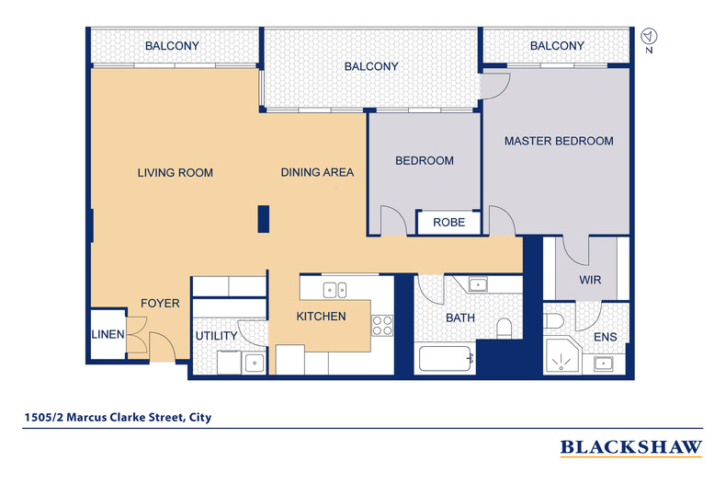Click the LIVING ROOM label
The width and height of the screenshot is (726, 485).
(176, 173)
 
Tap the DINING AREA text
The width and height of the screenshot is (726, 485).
(317, 172)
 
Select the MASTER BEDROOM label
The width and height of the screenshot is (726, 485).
(558, 142)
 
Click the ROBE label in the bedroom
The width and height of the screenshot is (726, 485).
(448, 223)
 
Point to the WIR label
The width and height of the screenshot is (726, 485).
(590, 280)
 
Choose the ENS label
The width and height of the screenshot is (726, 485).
(605, 337)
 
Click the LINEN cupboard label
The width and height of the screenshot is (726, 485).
(107, 335)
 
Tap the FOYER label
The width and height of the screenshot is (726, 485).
(160, 303)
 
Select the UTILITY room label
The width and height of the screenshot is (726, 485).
(216, 336)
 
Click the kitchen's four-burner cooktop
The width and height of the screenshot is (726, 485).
(381, 325)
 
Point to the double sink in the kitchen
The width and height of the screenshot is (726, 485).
(335, 289)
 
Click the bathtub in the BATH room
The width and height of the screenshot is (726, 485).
(447, 357)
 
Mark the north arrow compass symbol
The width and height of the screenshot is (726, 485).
(649, 37)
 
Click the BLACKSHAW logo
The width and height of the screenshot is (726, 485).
(631, 447)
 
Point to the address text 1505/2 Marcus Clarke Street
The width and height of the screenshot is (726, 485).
(118, 417)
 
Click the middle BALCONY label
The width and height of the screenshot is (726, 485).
(371, 66)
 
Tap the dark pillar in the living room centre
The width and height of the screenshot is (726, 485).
(263, 218)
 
